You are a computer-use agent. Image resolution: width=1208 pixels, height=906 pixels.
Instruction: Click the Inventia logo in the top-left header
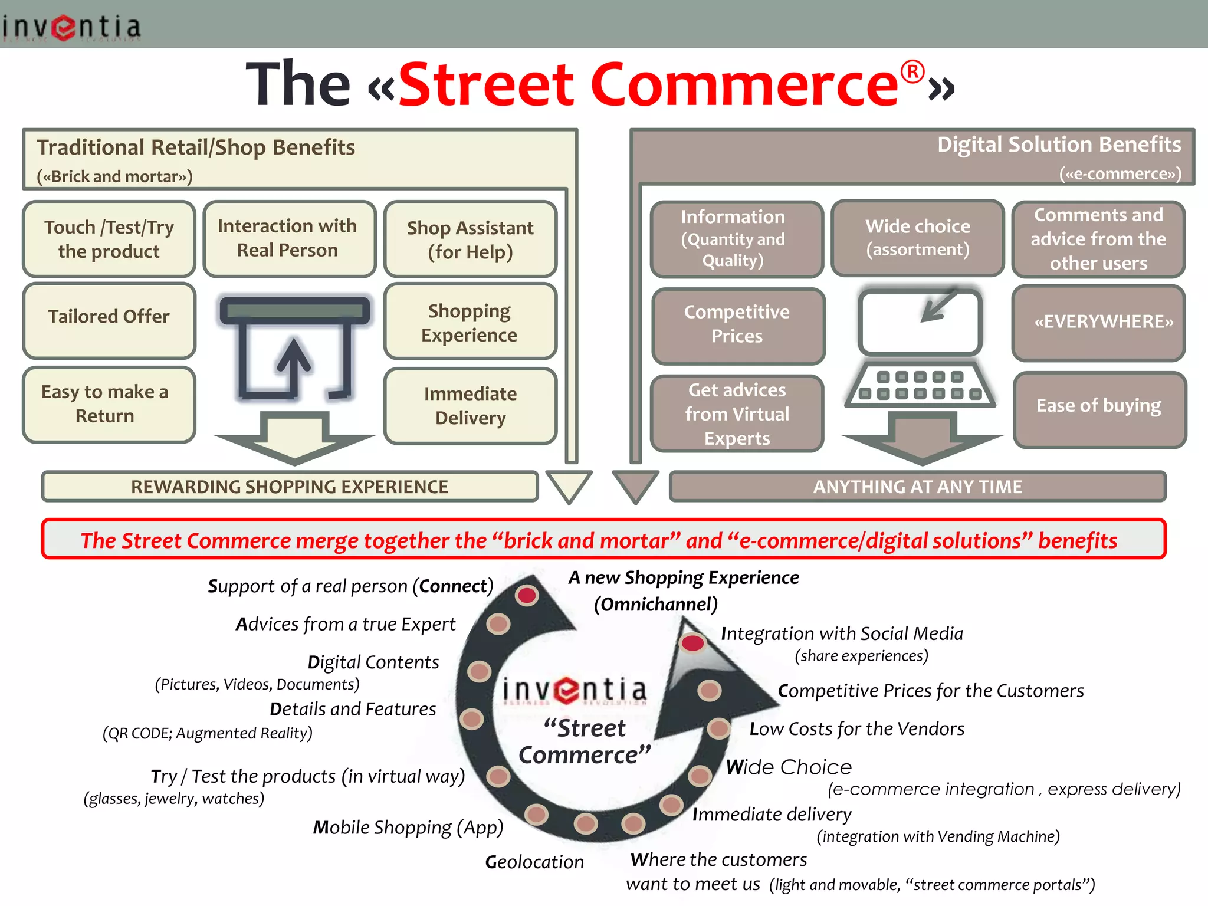click(71, 27)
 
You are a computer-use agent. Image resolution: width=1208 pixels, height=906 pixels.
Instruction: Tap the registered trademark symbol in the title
click(912, 73)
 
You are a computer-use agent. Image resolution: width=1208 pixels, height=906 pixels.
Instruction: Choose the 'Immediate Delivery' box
click(470, 405)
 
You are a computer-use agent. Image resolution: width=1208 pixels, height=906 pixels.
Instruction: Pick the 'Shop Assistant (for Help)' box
click(470, 239)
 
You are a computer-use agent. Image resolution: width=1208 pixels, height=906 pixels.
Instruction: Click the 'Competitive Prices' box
click(737, 325)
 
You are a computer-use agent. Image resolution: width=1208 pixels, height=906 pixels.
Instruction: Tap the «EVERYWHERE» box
click(1098, 322)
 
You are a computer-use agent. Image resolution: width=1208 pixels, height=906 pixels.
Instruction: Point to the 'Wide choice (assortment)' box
click(918, 237)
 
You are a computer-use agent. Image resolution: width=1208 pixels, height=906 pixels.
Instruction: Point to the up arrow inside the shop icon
click(294, 363)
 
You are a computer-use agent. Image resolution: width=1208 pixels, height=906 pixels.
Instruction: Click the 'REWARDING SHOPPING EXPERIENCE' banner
click(290, 487)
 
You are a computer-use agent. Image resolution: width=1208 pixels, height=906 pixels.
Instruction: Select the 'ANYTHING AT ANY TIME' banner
click(917, 487)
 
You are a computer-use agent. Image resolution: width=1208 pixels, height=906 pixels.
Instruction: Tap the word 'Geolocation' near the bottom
click(534, 862)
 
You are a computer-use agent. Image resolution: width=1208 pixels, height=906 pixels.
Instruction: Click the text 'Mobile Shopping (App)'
click(408, 827)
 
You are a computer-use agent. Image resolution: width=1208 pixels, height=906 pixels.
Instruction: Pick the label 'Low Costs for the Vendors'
click(856, 729)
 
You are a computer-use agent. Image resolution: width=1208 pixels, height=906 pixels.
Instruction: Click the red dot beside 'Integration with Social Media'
click(692, 642)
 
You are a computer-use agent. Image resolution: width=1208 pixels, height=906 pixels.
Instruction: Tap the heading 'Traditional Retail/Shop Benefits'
click(196, 147)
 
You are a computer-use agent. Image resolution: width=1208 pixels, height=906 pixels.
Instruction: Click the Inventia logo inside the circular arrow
click(575, 690)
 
